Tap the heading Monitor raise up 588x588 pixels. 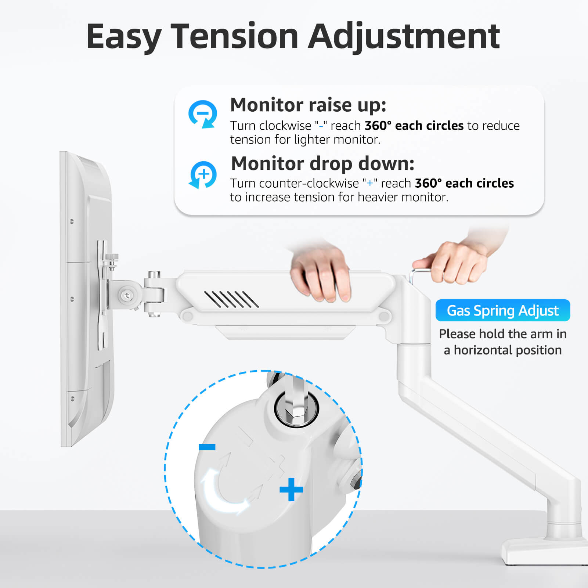pos(308,105)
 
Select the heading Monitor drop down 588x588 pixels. pos(322,163)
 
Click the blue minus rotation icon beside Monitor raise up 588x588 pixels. pos(202,114)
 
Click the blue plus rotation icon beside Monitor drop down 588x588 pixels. pos(203,174)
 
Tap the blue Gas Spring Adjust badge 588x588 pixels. pos(502,311)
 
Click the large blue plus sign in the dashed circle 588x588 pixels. pos(291,489)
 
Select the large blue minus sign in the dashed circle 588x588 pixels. pos(207,447)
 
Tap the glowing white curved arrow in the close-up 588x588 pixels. pos(220,492)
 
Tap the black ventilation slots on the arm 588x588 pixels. pos(231,299)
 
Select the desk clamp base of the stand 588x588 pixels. pos(544,551)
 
